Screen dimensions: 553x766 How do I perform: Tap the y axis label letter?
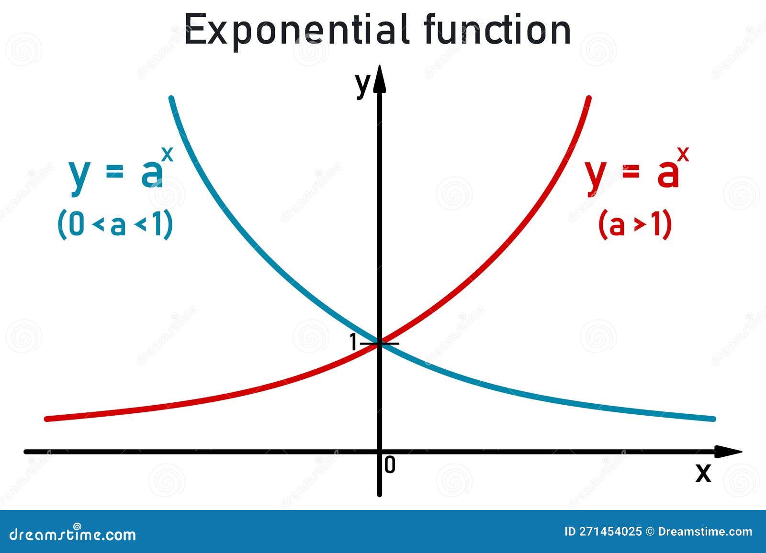(x=362, y=85)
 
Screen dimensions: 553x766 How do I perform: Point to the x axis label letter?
(x=703, y=473)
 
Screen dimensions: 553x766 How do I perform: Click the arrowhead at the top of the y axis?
(x=380, y=79)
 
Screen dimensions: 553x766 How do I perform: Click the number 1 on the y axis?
(x=353, y=343)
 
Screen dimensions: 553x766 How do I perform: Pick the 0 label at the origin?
(x=390, y=465)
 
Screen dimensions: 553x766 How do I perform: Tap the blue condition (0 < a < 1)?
(x=115, y=225)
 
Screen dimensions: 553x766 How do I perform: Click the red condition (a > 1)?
(x=635, y=225)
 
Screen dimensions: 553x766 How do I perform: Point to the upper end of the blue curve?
(x=171, y=99)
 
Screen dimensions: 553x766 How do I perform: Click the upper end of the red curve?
(x=588, y=99)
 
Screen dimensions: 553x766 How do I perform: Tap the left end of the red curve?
(x=46, y=419)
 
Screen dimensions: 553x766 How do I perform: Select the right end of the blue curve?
(x=713, y=419)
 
